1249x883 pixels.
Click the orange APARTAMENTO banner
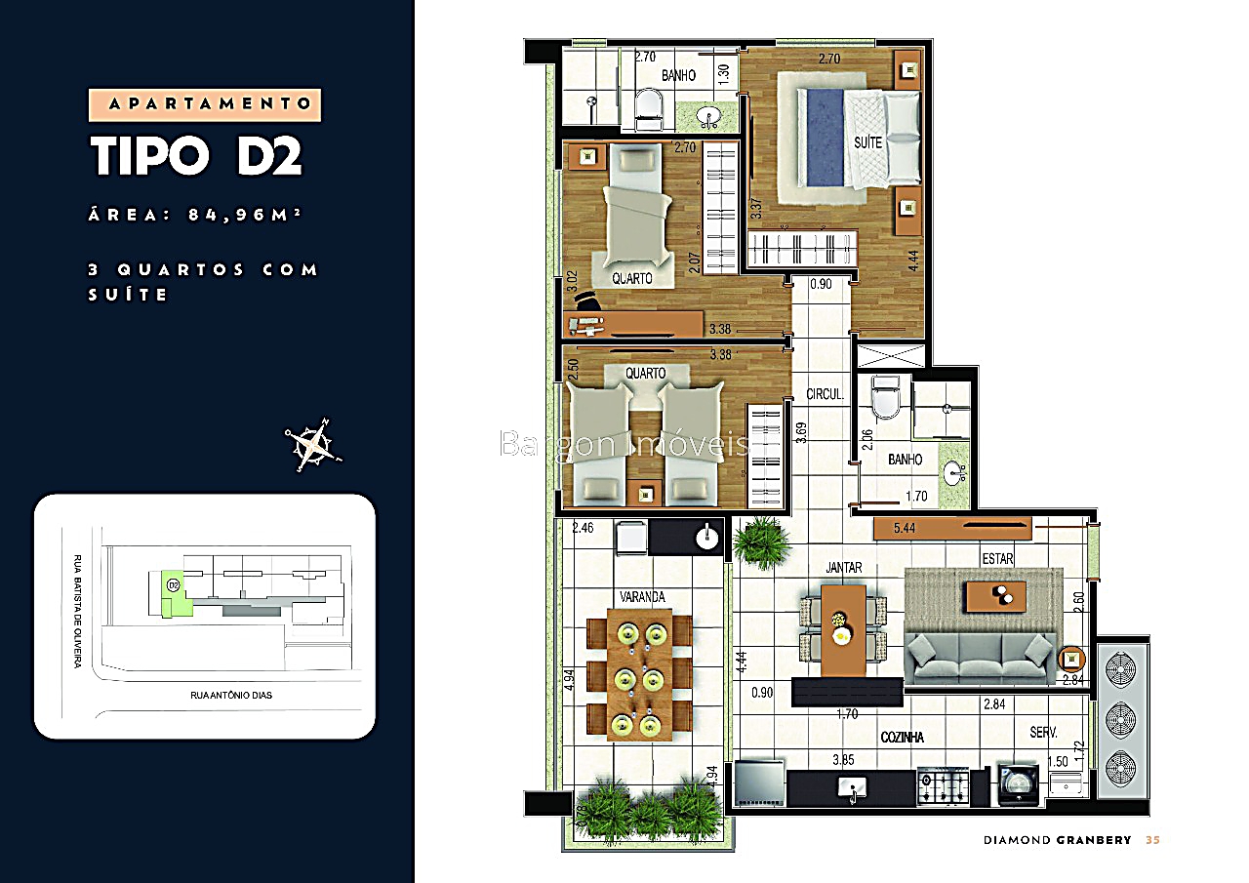[x=205, y=104]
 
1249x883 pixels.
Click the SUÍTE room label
[x=867, y=142]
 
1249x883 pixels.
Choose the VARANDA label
[x=641, y=595]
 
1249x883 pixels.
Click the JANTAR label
[x=843, y=566]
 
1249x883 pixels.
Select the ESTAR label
[x=997, y=559]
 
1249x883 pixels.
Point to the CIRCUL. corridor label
[x=825, y=395]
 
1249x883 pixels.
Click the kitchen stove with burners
[x=943, y=786]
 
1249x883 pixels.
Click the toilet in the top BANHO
[x=647, y=110]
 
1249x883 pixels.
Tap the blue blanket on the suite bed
[x=822, y=137]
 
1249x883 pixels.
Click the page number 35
[x=1152, y=840]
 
